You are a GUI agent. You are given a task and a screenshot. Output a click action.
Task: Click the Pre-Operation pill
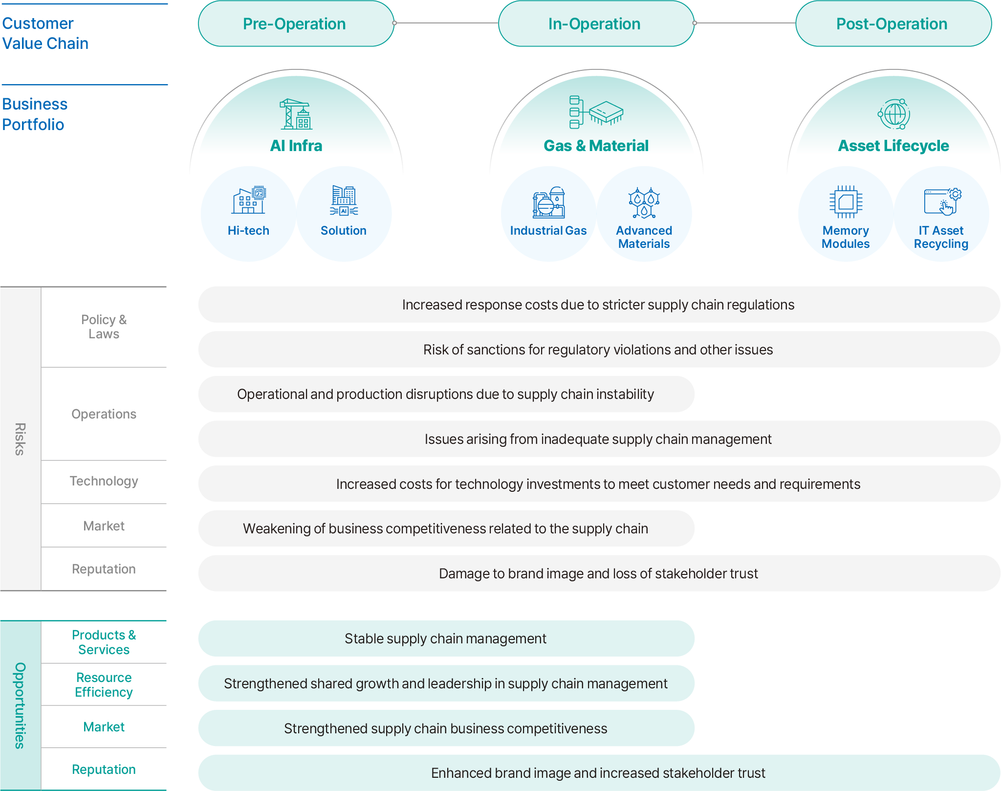click(x=296, y=23)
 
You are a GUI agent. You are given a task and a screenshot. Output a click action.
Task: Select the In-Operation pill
click(x=596, y=23)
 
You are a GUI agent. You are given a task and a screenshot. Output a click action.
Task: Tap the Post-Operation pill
click(x=893, y=23)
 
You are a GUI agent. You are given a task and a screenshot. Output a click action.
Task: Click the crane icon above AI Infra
click(x=296, y=114)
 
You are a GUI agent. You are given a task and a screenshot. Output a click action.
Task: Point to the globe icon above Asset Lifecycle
click(x=893, y=114)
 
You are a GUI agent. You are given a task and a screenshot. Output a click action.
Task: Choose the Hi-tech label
click(x=248, y=230)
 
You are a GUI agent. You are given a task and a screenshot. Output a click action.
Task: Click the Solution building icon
click(x=344, y=200)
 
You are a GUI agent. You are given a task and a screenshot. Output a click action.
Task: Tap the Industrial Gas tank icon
click(x=548, y=202)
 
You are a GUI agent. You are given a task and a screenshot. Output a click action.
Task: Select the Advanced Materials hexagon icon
click(x=644, y=202)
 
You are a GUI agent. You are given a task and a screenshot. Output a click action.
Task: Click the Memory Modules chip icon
click(x=846, y=201)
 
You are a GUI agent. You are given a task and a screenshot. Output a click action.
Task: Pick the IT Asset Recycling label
click(x=941, y=237)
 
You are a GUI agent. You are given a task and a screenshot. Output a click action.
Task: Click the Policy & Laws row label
click(x=104, y=327)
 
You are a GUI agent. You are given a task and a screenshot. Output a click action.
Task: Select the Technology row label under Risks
click(x=104, y=481)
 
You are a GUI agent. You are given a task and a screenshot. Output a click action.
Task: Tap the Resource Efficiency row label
click(x=104, y=684)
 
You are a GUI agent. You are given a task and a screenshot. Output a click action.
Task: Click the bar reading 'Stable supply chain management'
click(x=446, y=638)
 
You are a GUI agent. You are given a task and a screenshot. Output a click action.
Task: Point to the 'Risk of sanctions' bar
click(x=599, y=350)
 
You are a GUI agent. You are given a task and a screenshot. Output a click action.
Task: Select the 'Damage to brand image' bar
click(x=599, y=573)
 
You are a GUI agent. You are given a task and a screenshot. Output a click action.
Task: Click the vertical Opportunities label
click(x=20, y=705)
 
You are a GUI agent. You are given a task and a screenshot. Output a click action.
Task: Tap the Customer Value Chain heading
click(x=45, y=33)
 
